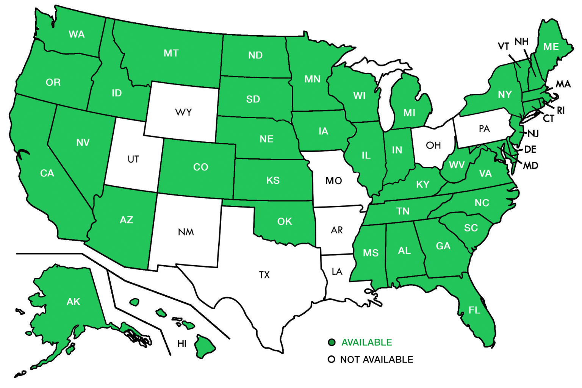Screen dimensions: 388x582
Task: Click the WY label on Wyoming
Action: pyautogui.click(x=183, y=112)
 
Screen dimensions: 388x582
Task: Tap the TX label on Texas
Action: pyautogui.click(x=264, y=275)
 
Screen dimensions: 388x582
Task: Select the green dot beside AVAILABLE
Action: pyautogui.click(x=332, y=343)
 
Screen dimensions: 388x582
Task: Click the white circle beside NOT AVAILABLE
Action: pyautogui.click(x=332, y=359)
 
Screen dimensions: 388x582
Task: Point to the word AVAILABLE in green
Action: pyautogui.click(x=366, y=343)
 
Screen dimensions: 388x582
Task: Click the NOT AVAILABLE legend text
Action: pyautogui.click(x=376, y=359)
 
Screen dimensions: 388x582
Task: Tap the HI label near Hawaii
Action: pyautogui.click(x=182, y=344)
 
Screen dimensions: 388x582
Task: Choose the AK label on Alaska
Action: pyautogui.click(x=73, y=302)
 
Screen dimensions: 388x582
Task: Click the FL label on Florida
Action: pyautogui.click(x=474, y=310)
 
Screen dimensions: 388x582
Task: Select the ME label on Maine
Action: pyautogui.click(x=551, y=47)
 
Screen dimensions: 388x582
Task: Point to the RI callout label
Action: pyautogui.click(x=561, y=110)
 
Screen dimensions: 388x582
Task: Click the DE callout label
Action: pyautogui.click(x=530, y=149)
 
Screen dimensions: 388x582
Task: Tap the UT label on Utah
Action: pyautogui.click(x=133, y=159)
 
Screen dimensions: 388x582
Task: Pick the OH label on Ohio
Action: pyautogui.click(x=433, y=145)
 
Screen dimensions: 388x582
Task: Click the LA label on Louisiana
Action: pyautogui.click(x=337, y=271)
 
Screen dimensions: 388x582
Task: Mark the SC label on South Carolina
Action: pyautogui.click(x=471, y=228)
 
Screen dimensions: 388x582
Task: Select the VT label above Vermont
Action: pyautogui.click(x=504, y=47)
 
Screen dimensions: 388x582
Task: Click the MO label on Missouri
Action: pyautogui.click(x=333, y=181)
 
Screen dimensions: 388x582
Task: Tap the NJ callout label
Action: pyautogui.click(x=533, y=133)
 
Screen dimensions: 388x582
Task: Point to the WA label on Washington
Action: pyautogui.click(x=77, y=34)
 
